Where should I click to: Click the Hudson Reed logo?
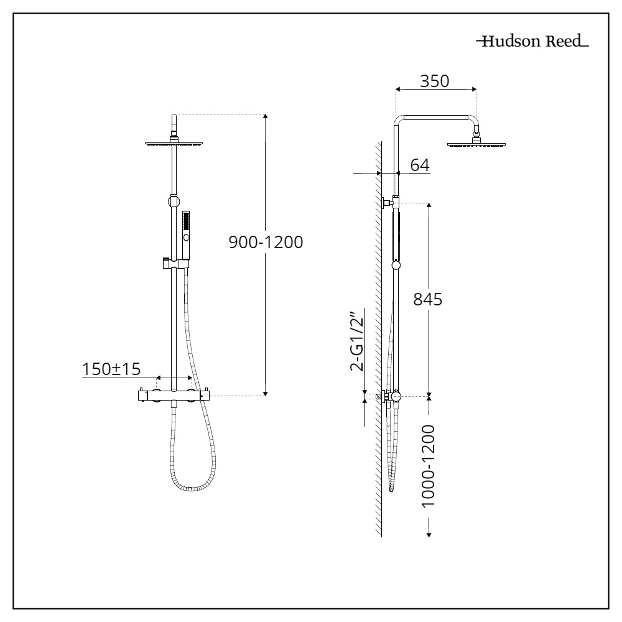532,42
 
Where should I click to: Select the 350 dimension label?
435,81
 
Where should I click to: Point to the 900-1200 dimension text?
266,242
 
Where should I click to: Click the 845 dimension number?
428,299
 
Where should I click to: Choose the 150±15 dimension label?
111,368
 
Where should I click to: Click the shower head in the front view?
175,144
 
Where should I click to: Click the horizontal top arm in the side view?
435,117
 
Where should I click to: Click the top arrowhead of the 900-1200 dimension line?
266,117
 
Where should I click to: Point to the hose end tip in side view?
392,489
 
